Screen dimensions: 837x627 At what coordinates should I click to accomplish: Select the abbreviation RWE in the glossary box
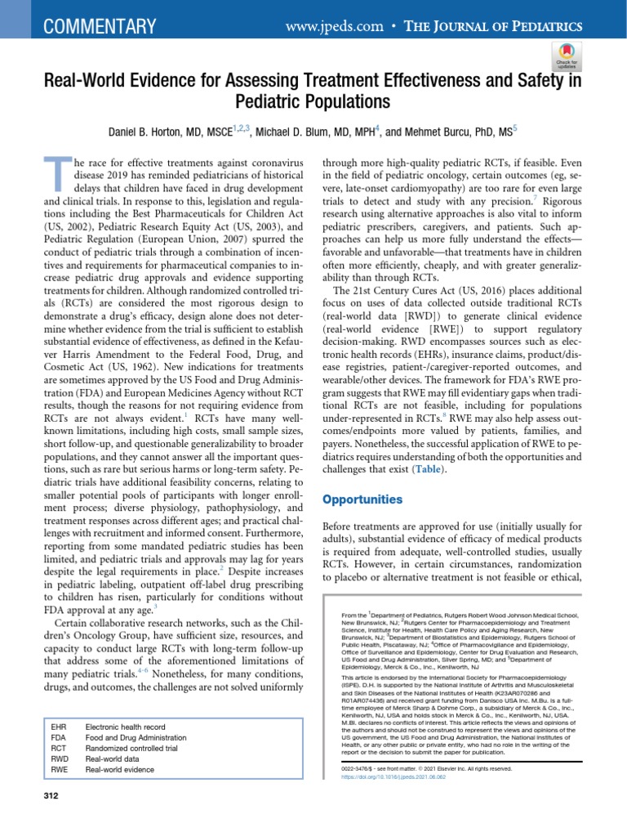point(60,768)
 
